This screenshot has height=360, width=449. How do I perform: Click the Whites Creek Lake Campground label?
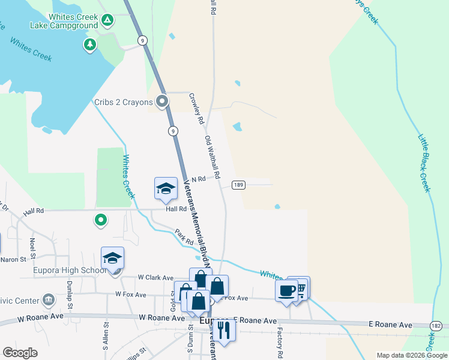[64, 22]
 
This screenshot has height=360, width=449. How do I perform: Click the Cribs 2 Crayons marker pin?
[161, 102]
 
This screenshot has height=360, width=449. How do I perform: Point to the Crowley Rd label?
[196, 109]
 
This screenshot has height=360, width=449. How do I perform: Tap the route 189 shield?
[238, 185]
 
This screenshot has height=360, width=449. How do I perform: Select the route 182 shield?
[437, 324]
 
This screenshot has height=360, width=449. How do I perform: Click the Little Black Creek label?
[425, 163]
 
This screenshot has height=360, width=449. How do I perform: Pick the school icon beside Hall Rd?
[166, 189]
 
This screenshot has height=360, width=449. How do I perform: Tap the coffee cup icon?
[287, 290]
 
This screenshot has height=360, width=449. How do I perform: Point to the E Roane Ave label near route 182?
[390, 325]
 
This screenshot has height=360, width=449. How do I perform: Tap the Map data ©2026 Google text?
[411, 355]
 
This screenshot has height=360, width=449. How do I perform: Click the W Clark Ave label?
[155, 278]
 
